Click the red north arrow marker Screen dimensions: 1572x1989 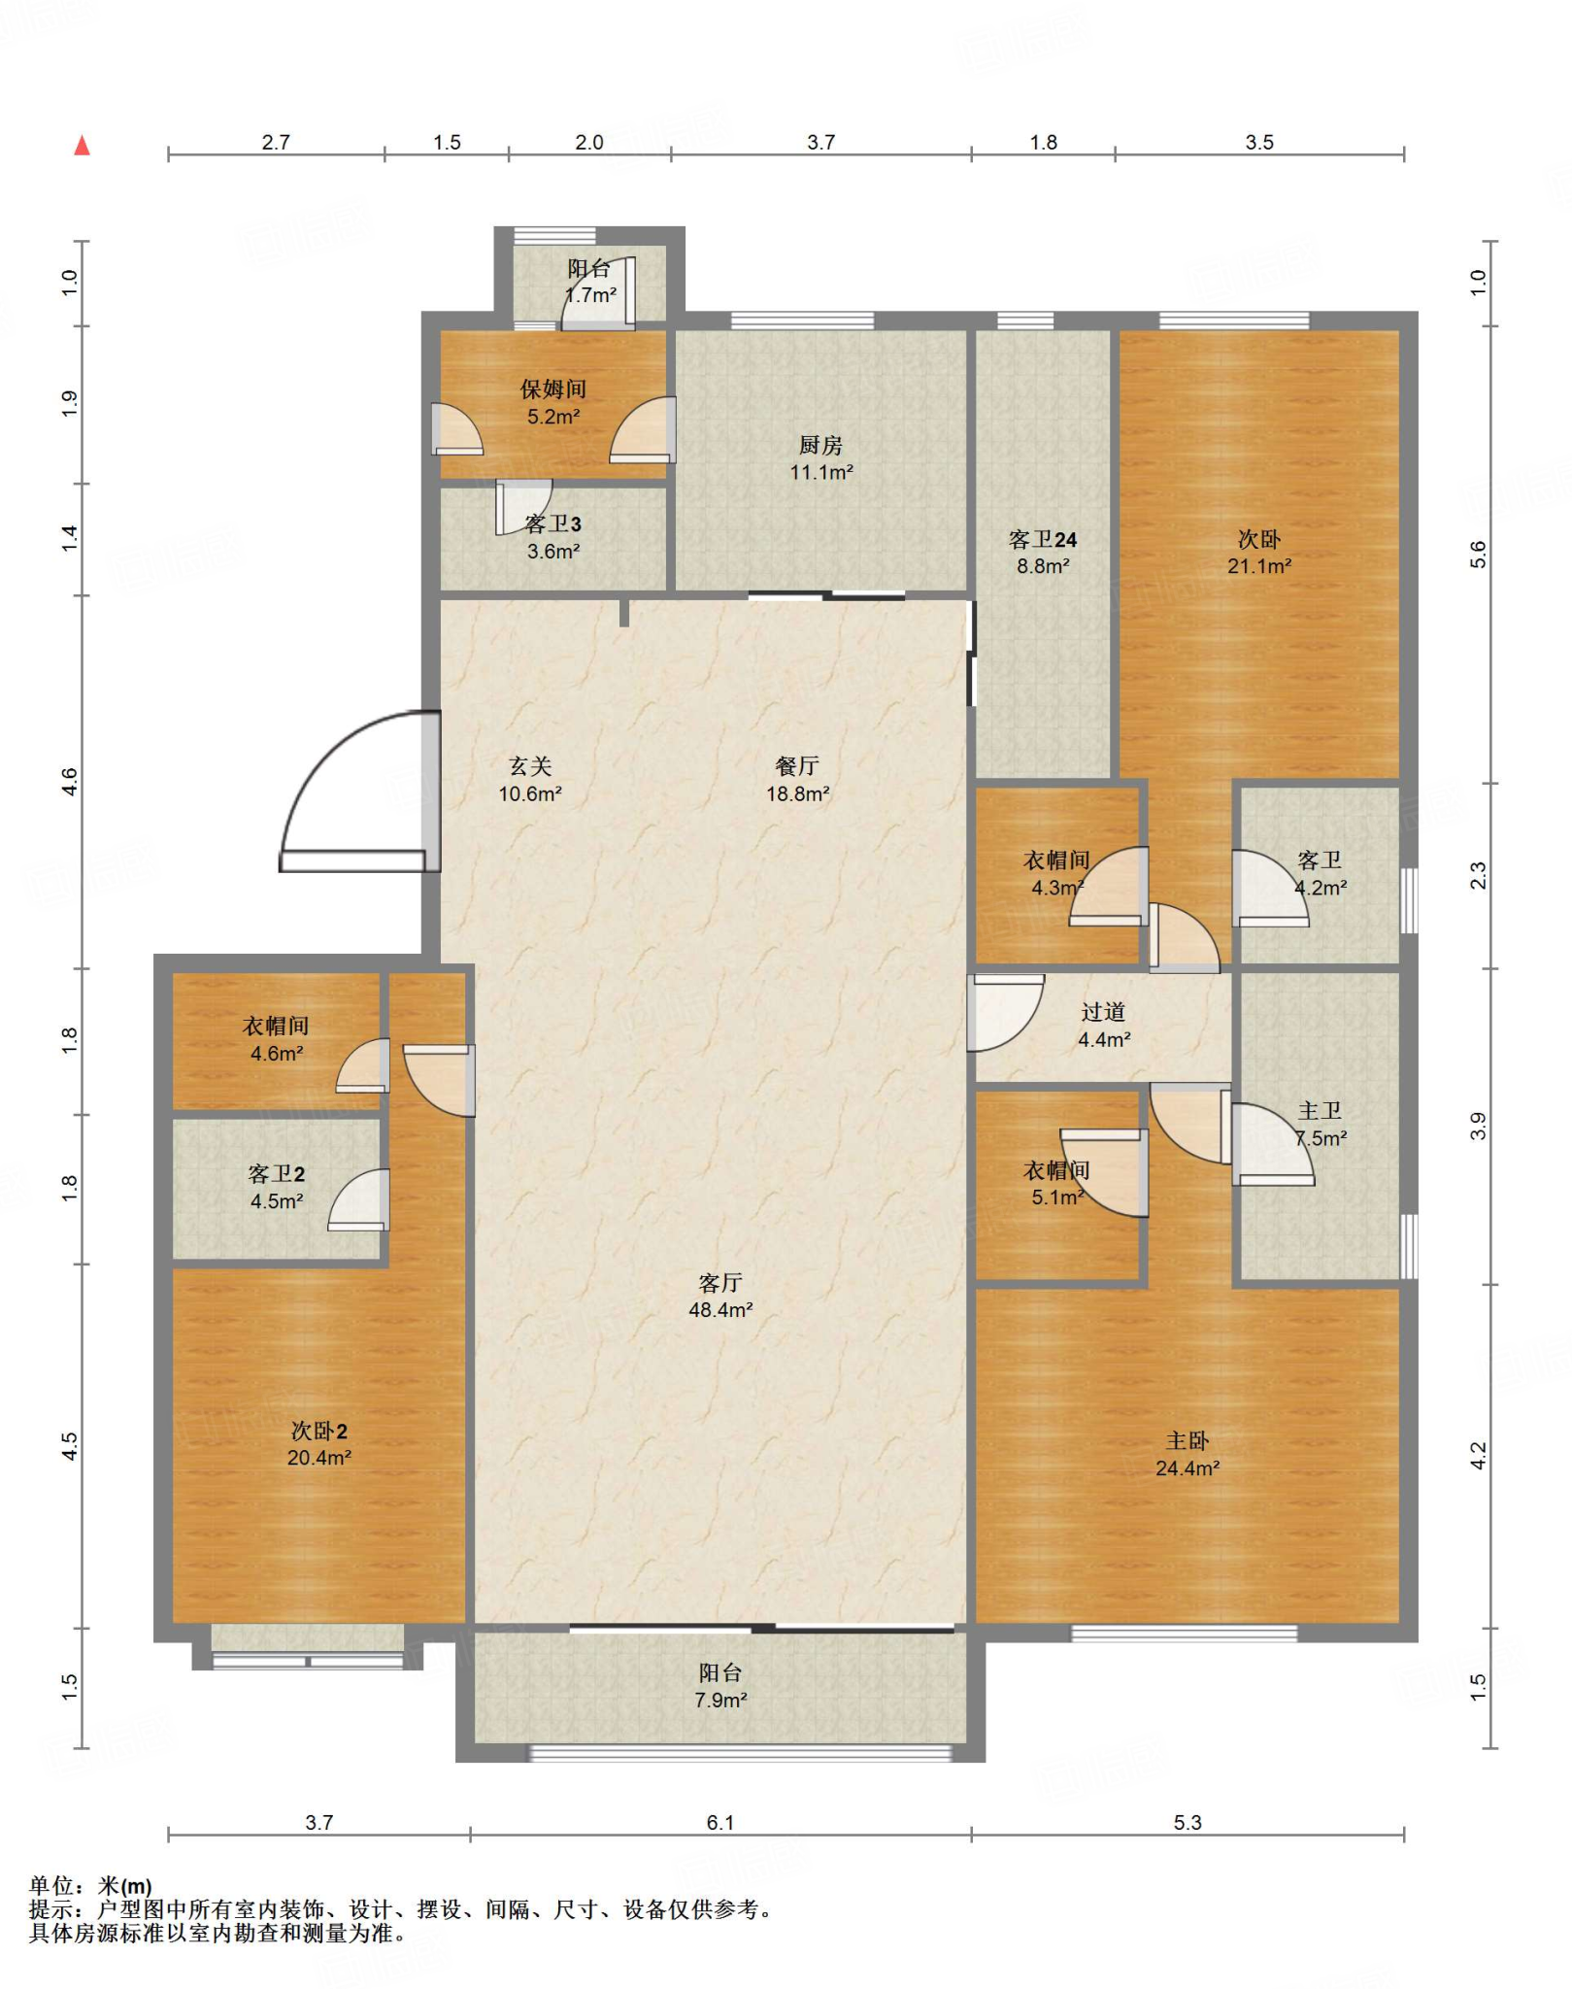[83, 146]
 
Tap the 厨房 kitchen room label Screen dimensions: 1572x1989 [820, 445]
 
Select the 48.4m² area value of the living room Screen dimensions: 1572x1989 [720, 1310]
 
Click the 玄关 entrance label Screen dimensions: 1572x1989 [530, 766]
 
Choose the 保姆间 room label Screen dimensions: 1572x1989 [553, 389]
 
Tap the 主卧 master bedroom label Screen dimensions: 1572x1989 [1187, 1441]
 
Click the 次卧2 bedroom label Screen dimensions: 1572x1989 [318, 1431]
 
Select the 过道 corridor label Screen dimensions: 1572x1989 [1103, 1012]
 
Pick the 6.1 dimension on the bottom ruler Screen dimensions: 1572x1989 [720, 1823]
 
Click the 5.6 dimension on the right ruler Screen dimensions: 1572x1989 [1478, 555]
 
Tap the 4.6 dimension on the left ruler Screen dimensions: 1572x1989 [69, 781]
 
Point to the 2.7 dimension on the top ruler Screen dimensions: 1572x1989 [276, 142]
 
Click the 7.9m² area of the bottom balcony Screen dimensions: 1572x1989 [720, 1701]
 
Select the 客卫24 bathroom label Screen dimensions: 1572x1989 [1043, 539]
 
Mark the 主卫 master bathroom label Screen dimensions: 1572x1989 [1320, 1111]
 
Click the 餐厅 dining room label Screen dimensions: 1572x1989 [796, 766]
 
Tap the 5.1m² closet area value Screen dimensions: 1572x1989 [1057, 1197]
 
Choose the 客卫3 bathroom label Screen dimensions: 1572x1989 [552, 524]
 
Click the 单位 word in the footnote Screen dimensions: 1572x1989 [51, 1886]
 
